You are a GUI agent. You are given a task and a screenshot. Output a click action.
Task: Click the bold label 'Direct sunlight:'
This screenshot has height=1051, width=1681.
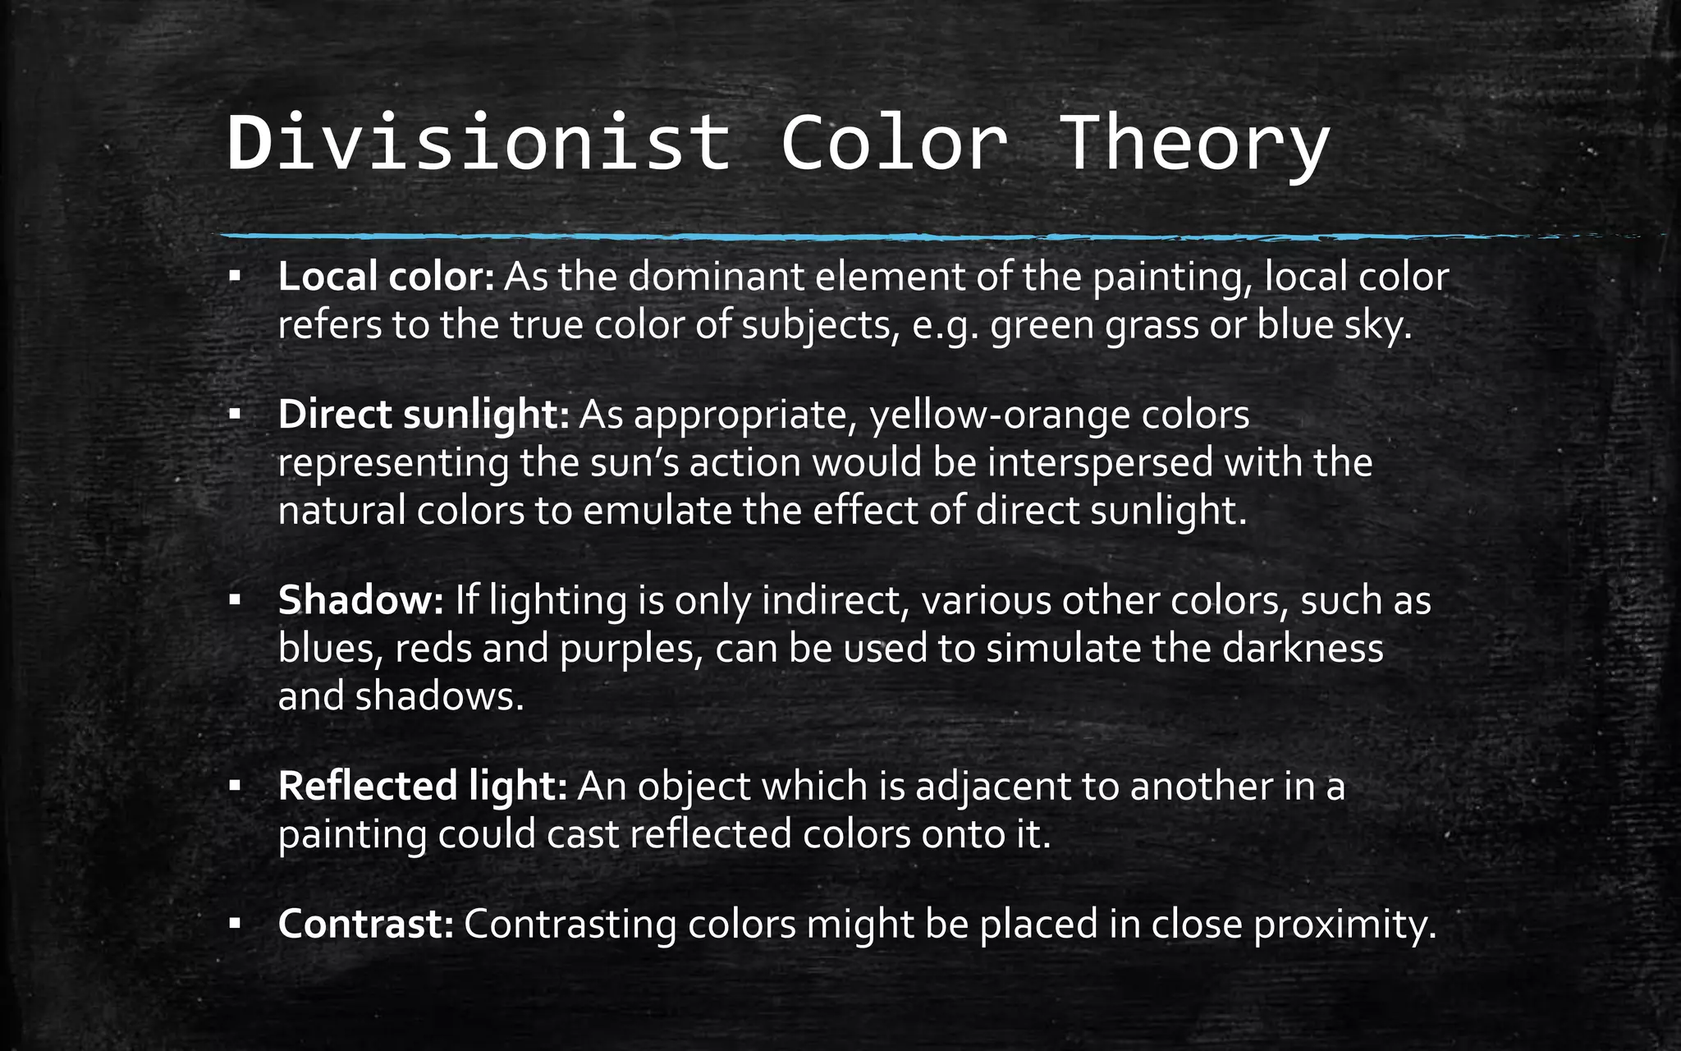coord(424,415)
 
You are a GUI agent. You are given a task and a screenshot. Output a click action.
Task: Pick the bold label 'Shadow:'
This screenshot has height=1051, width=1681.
coord(361,600)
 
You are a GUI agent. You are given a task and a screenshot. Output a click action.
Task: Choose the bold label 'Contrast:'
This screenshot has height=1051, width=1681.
coord(366,924)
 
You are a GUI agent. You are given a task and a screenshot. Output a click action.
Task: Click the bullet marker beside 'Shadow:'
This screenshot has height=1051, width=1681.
coord(235,601)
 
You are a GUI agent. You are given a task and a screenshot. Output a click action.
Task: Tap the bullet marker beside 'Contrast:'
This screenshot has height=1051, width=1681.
coord(235,925)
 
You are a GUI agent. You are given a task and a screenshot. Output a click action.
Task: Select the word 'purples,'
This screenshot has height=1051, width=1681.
coord(632,649)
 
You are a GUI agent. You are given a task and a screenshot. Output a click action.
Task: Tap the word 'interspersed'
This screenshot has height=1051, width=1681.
coord(1100,463)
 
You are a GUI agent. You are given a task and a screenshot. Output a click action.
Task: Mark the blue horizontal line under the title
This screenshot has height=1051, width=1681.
coord(821,236)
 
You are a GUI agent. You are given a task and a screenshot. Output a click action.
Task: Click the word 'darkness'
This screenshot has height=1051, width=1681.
coord(1303,649)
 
